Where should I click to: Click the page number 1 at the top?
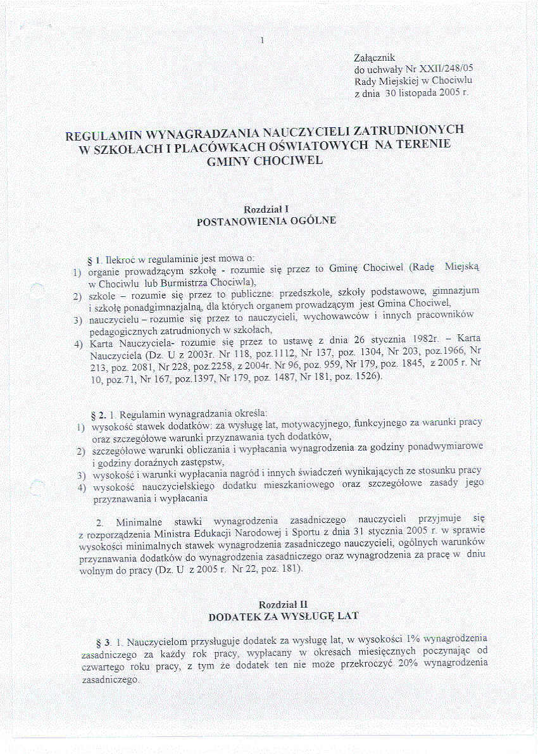point(261,42)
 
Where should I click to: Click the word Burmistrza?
point(177,281)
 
